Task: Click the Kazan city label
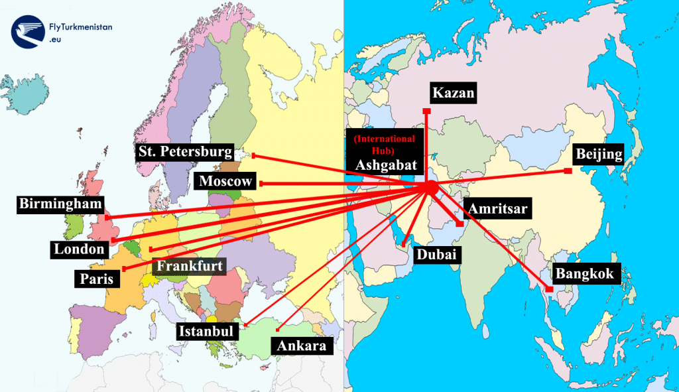coord(454,93)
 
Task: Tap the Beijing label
coord(599,155)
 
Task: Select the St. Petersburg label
coord(186,152)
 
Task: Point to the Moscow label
coord(226,181)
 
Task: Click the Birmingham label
coord(61,204)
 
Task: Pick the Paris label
coord(97,278)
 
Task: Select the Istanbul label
coord(207,330)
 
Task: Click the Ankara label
coord(302,346)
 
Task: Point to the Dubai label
coord(438,255)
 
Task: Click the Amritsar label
coord(498,209)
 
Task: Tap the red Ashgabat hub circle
coord(430,188)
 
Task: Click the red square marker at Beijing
coord(568,171)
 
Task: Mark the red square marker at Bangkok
coord(550,289)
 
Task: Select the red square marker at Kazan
coord(426,111)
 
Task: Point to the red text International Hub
coord(385,144)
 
